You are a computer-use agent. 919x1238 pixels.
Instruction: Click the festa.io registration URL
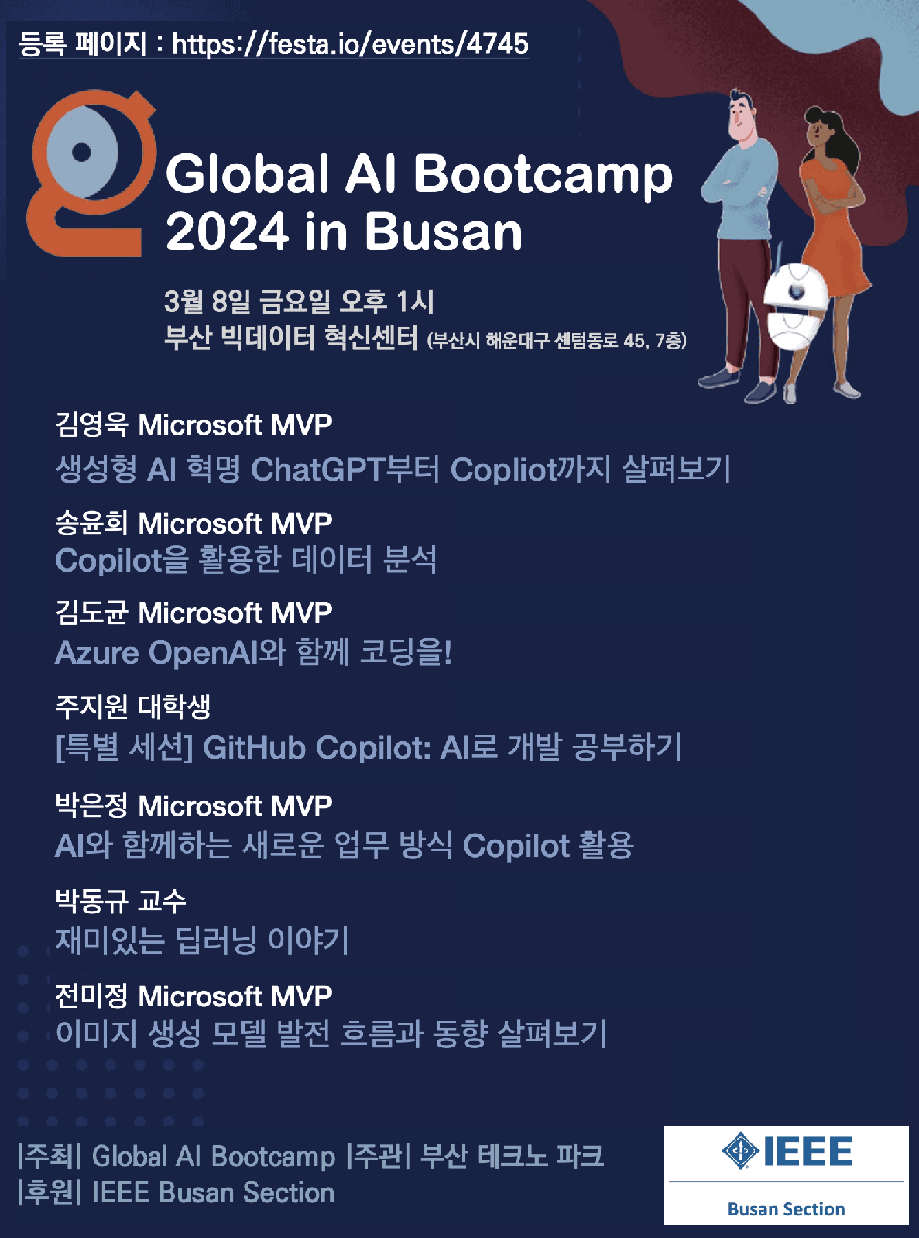(x=349, y=44)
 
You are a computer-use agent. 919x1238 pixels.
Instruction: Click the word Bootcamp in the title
(x=543, y=175)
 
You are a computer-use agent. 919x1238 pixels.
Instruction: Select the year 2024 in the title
(x=226, y=232)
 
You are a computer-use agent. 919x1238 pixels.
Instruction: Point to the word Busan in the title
(x=443, y=232)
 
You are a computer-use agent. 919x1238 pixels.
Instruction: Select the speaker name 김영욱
(x=91, y=424)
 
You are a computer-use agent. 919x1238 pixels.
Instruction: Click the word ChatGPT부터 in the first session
(x=345, y=470)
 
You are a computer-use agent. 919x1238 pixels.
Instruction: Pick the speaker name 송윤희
(x=91, y=523)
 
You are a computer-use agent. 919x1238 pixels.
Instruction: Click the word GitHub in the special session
(x=255, y=748)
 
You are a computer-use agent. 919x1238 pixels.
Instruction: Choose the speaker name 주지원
(x=91, y=706)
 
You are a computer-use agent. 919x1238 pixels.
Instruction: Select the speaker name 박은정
(x=91, y=805)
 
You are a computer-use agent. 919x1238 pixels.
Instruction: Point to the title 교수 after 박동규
(x=162, y=900)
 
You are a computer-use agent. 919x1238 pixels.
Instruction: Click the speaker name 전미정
(x=91, y=995)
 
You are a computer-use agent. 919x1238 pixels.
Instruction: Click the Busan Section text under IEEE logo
(x=786, y=1209)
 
